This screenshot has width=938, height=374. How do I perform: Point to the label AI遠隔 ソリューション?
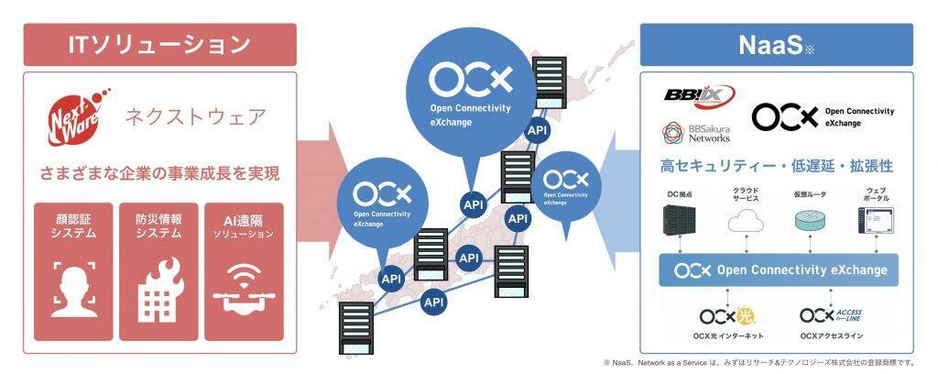(x=243, y=226)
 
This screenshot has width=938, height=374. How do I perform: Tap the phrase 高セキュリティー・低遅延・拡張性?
(x=776, y=167)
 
